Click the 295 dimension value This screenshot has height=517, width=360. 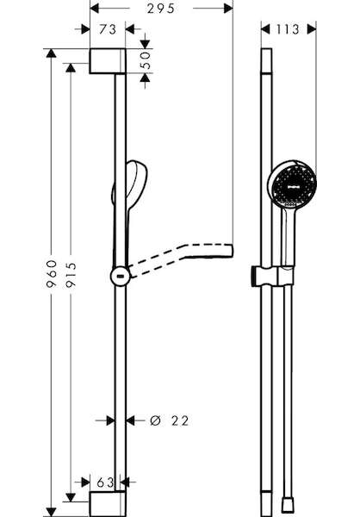pyautogui.click(x=160, y=9)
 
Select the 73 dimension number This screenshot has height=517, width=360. pyautogui.click(x=108, y=29)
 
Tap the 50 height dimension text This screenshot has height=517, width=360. pyautogui.click(x=146, y=60)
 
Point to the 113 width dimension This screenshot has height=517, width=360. pyautogui.click(x=288, y=29)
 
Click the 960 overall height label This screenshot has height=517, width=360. pyautogui.click(x=52, y=273)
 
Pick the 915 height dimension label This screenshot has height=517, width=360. pyautogui.click(x=71, y=276)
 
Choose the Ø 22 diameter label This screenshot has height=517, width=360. pyautogui.click(x=169, y=420)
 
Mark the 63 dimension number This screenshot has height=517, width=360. pyautogui.click(x=105, y=483)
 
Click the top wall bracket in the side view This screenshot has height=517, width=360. pyautogui.click(x=108, y=61)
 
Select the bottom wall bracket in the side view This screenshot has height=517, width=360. pyautogui.click(x=108, y=504)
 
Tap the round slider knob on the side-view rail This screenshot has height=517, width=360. pyautogui.click(x=121, y=277)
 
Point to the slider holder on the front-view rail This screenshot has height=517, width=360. pyautogui.click(x=273, y=277)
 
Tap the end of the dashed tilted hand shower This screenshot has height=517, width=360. pyautogui.click(x=232, y=250)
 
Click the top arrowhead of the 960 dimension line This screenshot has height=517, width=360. pyautogui.click(x=51, y=53)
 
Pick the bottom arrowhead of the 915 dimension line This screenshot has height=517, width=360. pyautogui.click(x=71, y=497)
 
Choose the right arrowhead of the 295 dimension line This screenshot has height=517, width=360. pyautogui.click(x=228, y=9)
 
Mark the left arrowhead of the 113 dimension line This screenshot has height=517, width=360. pyautogui.click(x=265, y=29)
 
